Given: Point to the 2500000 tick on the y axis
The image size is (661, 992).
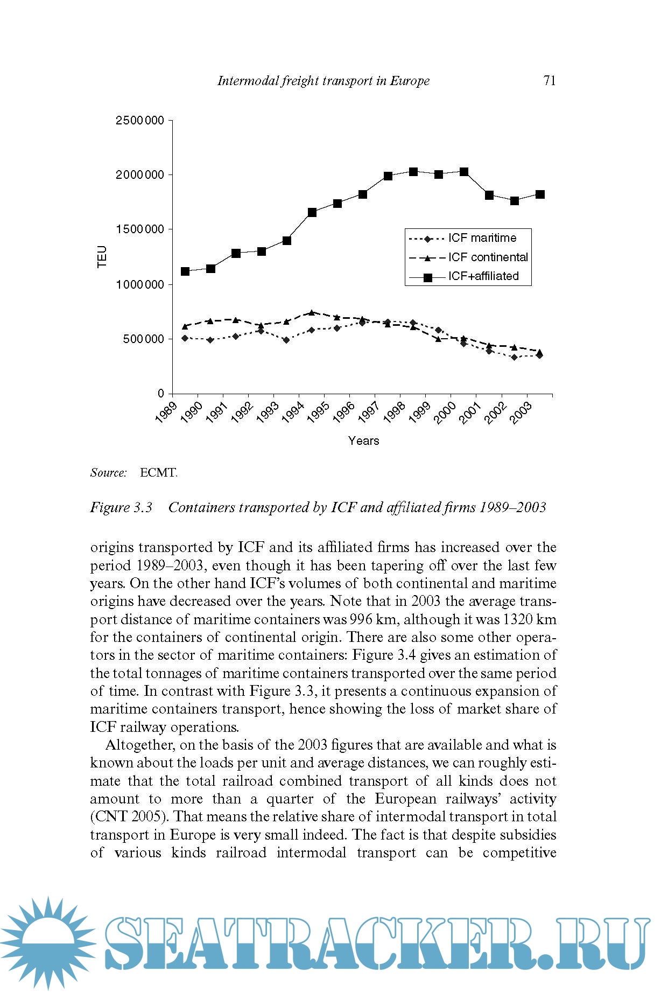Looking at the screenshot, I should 139,120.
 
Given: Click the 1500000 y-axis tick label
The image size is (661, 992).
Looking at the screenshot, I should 139,229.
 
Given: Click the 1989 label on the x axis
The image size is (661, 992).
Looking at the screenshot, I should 166,413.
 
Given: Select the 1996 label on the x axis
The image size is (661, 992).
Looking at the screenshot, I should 343,413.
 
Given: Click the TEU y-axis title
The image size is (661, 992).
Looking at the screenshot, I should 102,256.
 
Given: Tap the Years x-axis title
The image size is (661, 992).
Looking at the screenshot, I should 363,441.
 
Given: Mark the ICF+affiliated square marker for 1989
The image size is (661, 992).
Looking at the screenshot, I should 185,271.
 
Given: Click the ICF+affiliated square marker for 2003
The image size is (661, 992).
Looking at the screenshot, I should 540,194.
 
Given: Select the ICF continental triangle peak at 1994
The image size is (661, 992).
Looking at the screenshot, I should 311,312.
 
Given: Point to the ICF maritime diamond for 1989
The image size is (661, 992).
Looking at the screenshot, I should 185,338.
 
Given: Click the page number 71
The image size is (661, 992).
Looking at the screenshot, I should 550,81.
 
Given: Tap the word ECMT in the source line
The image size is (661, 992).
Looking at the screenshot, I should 158,473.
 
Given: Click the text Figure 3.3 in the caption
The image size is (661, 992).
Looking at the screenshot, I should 121,507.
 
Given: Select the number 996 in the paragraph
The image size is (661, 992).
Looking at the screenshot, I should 361,619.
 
